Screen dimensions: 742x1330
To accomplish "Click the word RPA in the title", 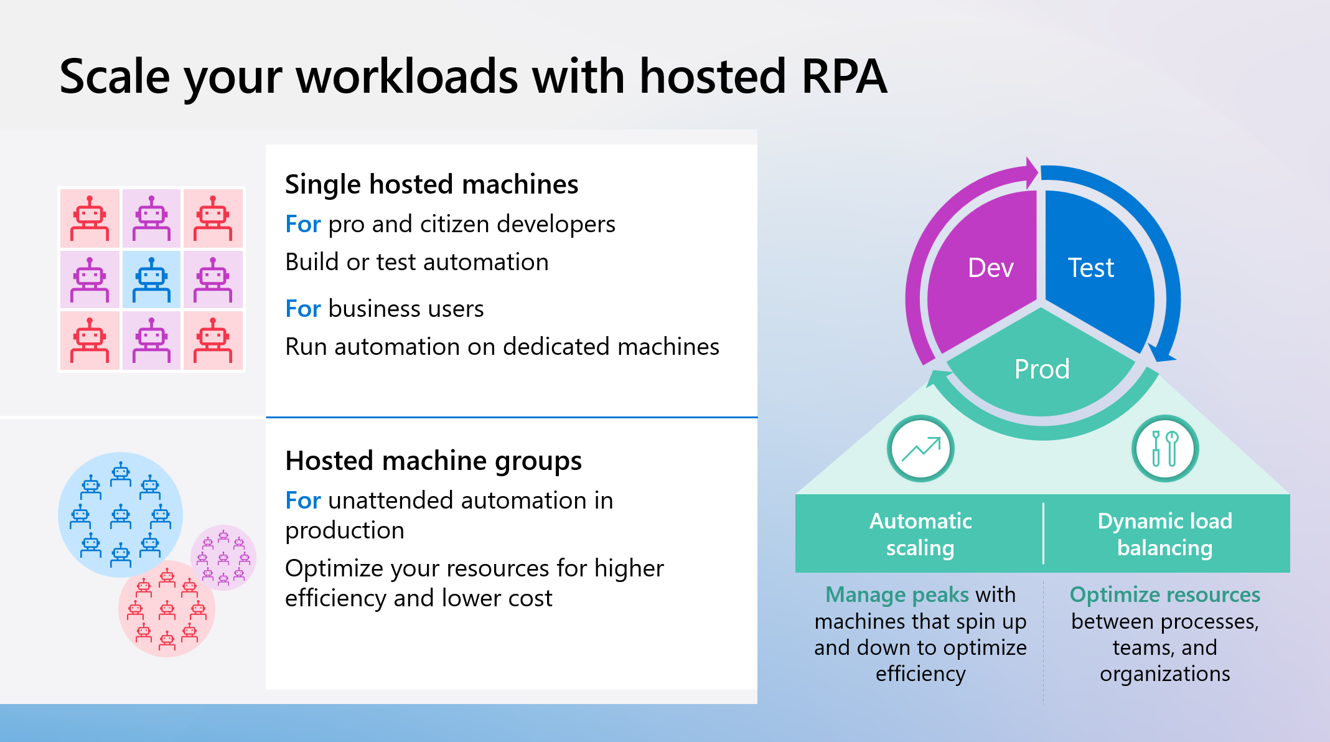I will (x=843, y=77).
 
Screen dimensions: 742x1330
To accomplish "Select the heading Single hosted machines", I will (x=431, y=184).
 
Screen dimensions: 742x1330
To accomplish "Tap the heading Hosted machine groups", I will (x=433, y=461).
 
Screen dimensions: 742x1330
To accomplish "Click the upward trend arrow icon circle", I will (x=920, y=449).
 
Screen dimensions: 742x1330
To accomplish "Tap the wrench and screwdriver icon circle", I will (x=1164, y=449).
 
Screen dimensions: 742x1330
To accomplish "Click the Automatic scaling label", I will (x=920, y=534).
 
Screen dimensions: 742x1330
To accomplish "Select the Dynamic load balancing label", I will (x=1164, y=534).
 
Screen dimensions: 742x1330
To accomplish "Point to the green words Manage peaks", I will (x=897, y=594).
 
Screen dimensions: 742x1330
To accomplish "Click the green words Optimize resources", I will (x=1164, y=594).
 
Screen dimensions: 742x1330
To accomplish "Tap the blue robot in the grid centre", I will (x=151, y=279).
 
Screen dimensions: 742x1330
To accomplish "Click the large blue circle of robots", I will (x=119, y=514).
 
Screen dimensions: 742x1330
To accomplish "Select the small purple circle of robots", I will (x=223, y=557).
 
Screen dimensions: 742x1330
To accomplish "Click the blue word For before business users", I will (x=302, y=309).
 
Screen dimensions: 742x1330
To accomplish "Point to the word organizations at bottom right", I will (x=1164, y=674).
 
